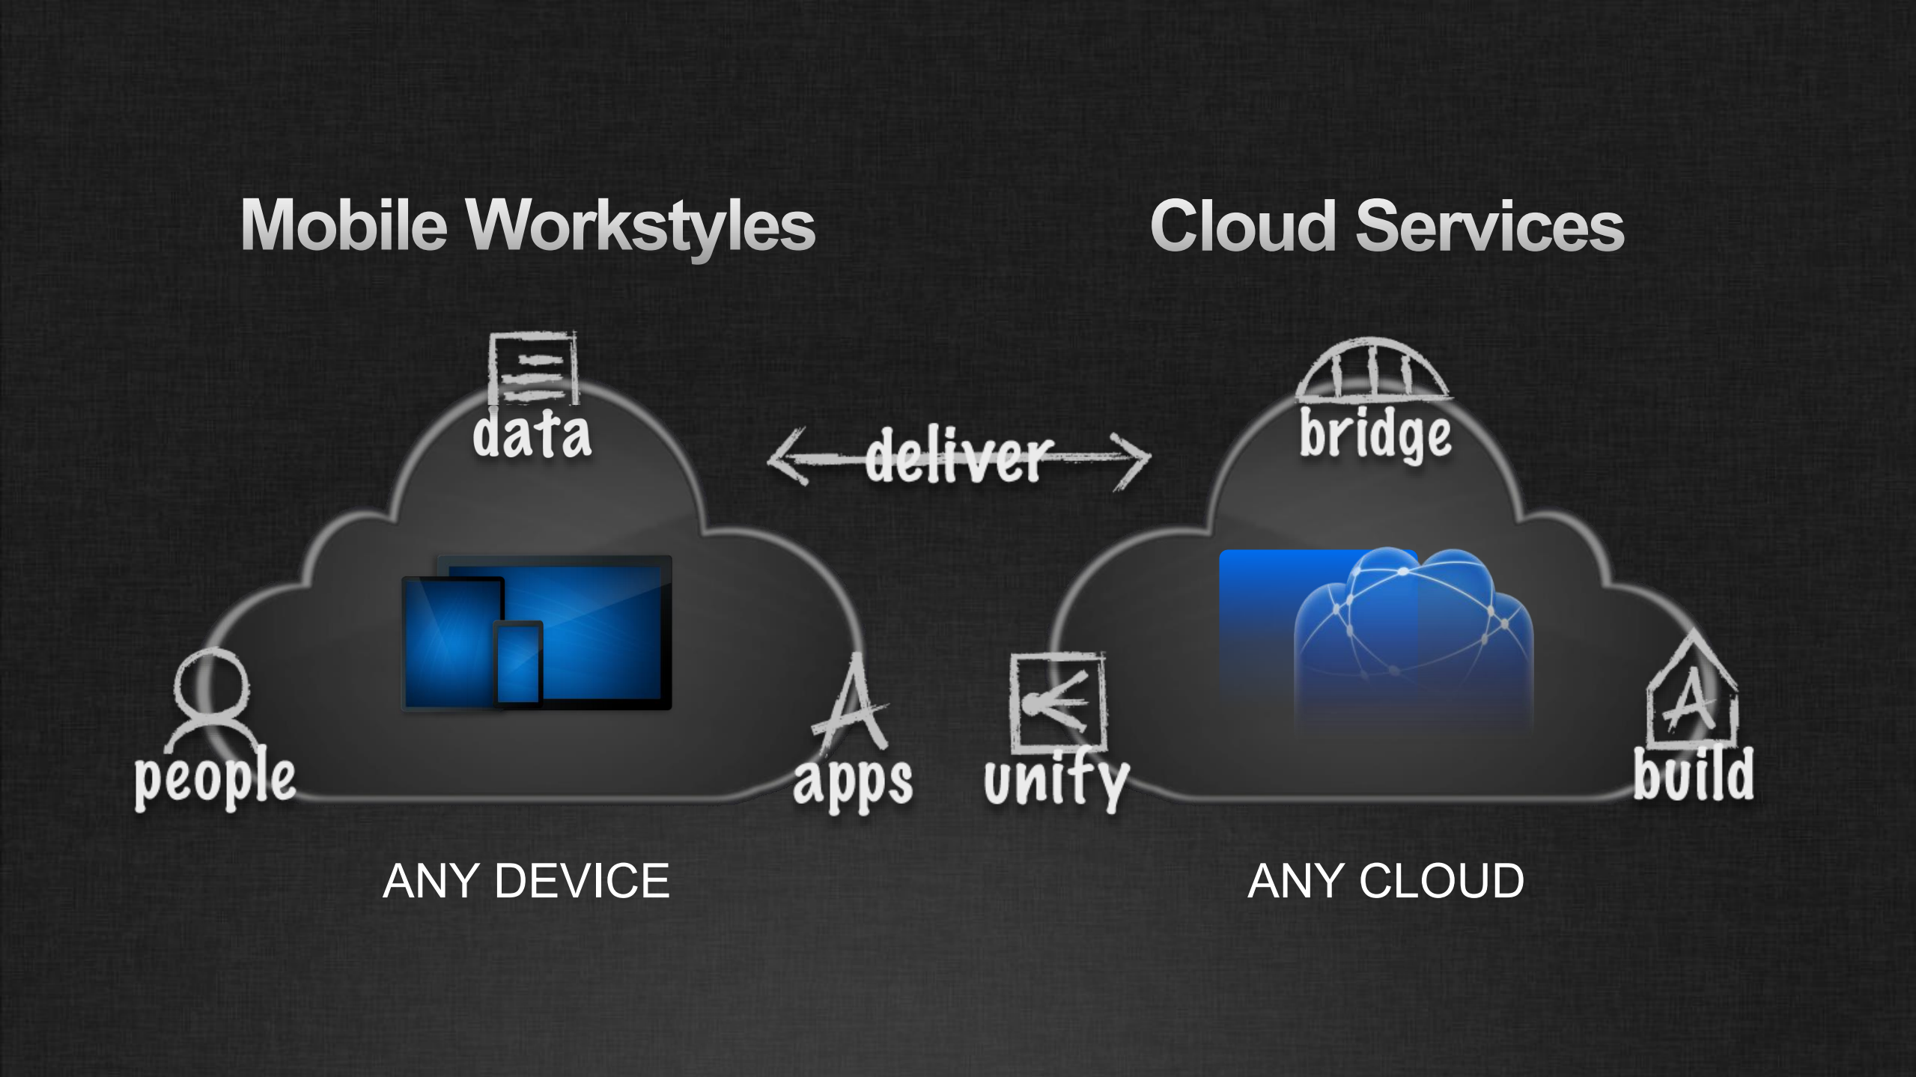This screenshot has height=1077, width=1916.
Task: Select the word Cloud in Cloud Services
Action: (1243, 226)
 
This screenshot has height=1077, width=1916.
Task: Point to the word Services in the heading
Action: (1489, 226)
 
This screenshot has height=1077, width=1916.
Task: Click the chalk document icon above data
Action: (533, 369)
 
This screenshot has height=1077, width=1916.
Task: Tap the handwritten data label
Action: (532, 434)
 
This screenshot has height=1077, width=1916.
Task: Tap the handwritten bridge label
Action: (1375, 436)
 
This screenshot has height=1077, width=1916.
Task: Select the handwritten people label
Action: (215, 779)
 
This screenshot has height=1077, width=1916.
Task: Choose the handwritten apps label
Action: (853, 781)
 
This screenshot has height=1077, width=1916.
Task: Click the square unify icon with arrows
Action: (1057, 702)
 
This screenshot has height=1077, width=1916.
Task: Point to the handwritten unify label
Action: (1056, 781)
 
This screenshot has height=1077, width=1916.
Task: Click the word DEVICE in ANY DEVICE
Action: (581, 881)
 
